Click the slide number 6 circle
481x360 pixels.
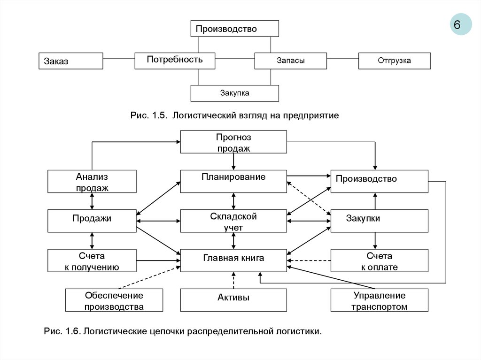point(461,24)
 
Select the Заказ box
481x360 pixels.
point(70,61)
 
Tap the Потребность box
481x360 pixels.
point(175,61)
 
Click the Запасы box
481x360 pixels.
point(290,61)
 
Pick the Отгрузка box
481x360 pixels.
point(394,61)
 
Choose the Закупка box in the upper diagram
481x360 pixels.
point(234,93)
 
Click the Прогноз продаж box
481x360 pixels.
point(233,142)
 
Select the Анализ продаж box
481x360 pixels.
point(92,182)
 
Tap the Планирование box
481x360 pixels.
point(233,181)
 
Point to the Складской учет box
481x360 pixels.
point(233,221)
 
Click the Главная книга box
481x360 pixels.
point(233,260)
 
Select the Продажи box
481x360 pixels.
point(92,221)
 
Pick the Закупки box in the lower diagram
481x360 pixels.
point(380,221)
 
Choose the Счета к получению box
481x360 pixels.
point(92,260)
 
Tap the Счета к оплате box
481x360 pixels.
point(380,260)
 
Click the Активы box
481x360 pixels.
point(233,300)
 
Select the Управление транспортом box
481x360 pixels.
point(380,300)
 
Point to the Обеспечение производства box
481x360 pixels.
point(114,300)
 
